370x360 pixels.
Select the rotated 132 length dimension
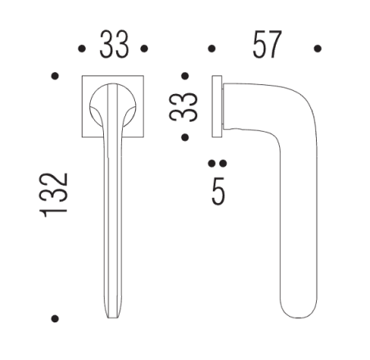point(56,195)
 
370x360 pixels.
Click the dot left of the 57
point(211,49)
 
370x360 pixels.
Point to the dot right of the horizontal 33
point(144,49)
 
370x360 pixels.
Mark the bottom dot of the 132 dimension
point(55,317)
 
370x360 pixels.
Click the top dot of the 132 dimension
point(55,76)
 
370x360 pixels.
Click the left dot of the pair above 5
point(212,163)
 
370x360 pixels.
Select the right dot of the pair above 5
point(221,163)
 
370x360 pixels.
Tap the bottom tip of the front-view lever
point(113,317)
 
